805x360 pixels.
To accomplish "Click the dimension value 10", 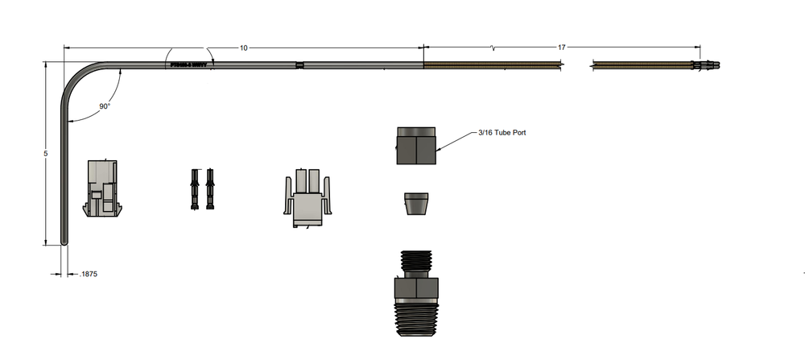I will pyautogui.click(x=243, y=48).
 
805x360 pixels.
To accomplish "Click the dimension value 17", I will pyautogui.click(x=562, y=48).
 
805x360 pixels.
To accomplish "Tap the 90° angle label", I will pyautogui.click(x=105, y=106).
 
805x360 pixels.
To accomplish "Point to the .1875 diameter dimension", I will pyautogui.click(x=89, y=275).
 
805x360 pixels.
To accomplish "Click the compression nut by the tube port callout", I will pyautogui.click(x=417, y=146).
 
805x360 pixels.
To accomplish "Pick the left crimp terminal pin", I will pyautogui.click(x=195, y=189).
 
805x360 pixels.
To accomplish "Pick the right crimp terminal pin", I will pyautogui.click(x=211, y=189).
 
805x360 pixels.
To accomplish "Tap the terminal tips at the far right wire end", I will pyautogui.click(x=708, y=64).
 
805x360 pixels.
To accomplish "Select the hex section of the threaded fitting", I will pyautogui.click(x=415, y=288).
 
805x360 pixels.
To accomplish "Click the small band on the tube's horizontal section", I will pyautogui.click(x=299, y=65).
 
